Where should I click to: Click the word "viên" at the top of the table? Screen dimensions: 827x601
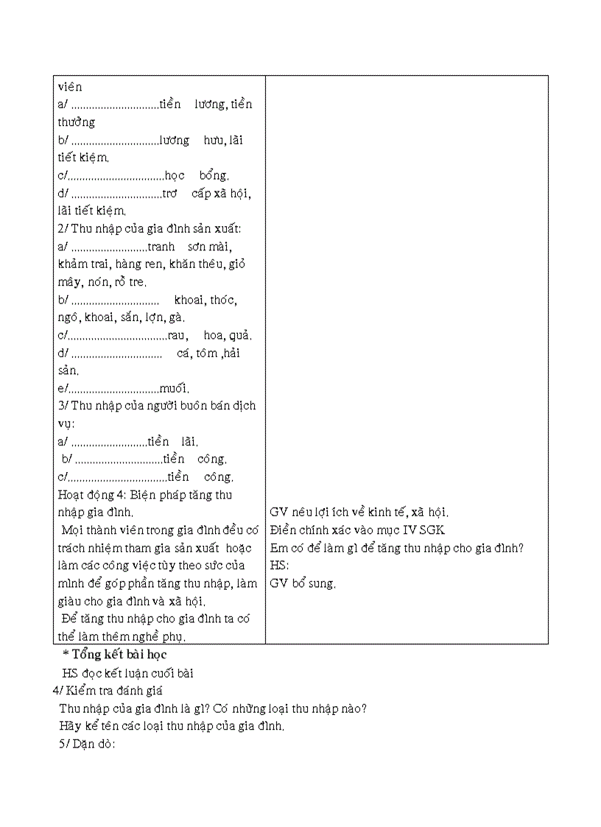click(x=70, y=86)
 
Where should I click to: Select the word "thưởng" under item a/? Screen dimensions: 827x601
click(x=77, y=122)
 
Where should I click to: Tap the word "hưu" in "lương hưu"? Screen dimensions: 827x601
click(x=213, y=140)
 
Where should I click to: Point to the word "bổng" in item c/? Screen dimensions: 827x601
click(x=214, y=175)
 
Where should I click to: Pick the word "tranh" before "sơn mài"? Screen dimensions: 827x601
click(x=161, y=247)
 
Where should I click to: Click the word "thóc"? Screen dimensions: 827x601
click(x=224, y=300)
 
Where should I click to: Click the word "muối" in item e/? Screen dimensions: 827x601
click(x=174, y=389)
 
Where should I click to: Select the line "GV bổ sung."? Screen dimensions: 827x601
click(x=303, y=584)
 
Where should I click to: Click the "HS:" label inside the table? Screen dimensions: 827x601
click(x=279, y=566)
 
